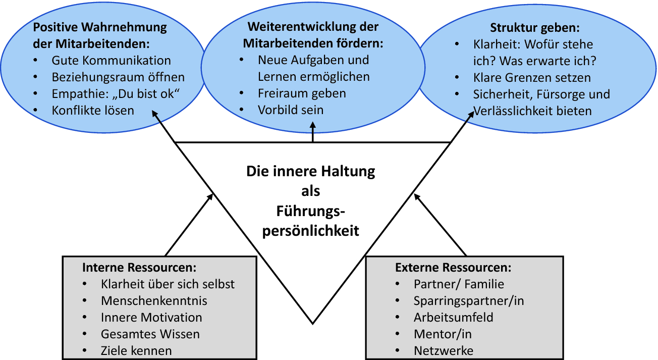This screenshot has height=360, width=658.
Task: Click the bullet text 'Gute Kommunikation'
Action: click(x=111, y=61)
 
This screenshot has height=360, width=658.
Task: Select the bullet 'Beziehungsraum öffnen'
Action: click(x=118, y=77)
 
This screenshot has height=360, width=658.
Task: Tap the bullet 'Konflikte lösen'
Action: click(x=93, y=110)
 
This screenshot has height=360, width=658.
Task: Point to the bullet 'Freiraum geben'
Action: click(x=302, y=93)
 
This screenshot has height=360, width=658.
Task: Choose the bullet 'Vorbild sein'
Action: click(x=291, y=110)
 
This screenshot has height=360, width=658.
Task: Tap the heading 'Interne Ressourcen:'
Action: click(x=139, y=267)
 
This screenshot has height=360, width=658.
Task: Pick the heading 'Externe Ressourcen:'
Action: click(x=453, y=267)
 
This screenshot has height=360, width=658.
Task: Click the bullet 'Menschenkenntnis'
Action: click(x=154, y=301)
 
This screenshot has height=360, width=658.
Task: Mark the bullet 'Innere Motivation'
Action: click(x=151, y=318)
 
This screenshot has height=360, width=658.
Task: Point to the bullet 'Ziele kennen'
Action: click(x=136, y=350)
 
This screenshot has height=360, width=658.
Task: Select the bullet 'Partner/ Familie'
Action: click(x=459, y=284)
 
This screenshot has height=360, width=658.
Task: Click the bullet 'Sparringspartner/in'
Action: click(x=469, y=301)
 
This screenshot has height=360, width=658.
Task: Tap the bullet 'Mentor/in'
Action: click(x=443, y=334)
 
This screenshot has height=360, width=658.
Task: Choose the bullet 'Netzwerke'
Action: click(x=444, y=350)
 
